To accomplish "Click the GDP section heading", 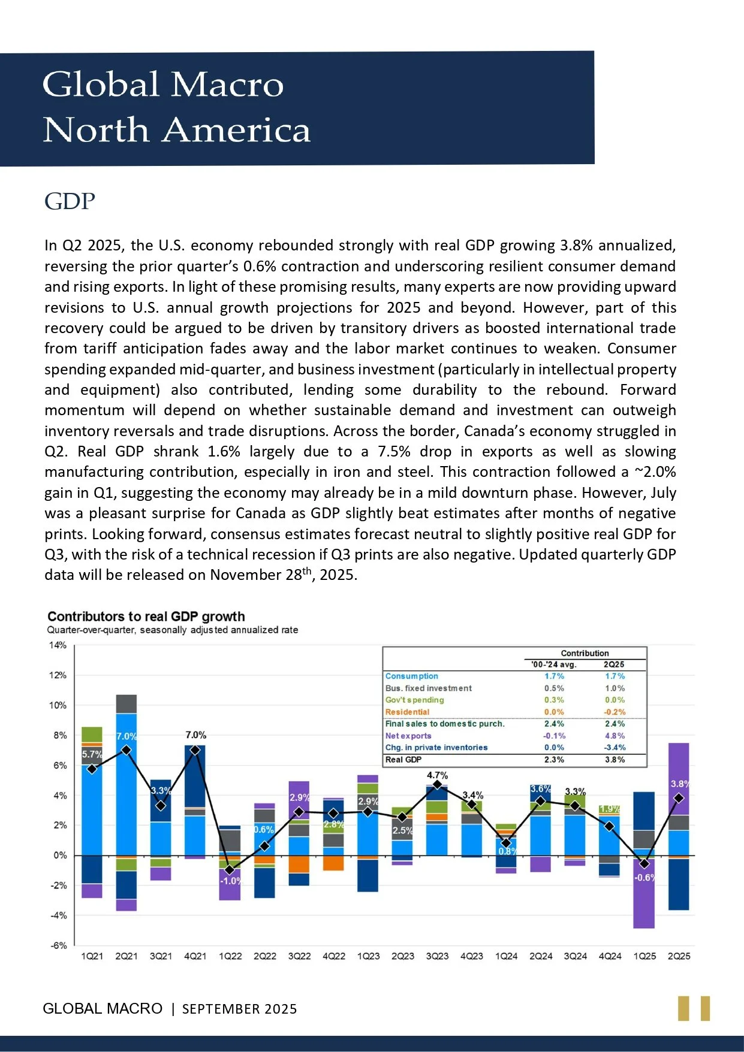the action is pyautogui.click(x=70, y=201).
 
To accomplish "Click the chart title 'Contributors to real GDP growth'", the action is pyautogui.click(x=146, y=616).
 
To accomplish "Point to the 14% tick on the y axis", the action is pyautogui.click(x=58, y=645).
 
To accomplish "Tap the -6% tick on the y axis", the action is pyautogui.click(x=58, y=945).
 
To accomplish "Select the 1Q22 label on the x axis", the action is pyautogui.click(x=230, y=956).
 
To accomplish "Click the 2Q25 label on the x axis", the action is pyautogui.click(x=679, y=956).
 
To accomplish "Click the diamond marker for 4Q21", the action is pyautogui.click(x=195, y=750).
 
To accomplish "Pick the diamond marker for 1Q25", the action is pyautogui.click(x=644, y=864).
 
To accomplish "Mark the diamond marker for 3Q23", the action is pyautogui.click(x=437, y=785).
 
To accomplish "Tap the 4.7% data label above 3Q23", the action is pyautogui.click(x=437, y=775).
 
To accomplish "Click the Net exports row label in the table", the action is pyautogui.click(x=408, y=736).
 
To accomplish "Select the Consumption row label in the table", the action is pyautogui.click(x=412, y=676).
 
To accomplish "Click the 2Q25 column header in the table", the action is pyautogui.click(x=614, y=664).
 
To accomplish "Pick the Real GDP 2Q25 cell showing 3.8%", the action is pyautogui.click(x=615, y=760).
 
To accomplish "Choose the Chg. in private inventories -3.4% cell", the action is pyautogui.click(x=615, y=748).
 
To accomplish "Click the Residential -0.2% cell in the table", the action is pyautogui.click(x=615, y=712).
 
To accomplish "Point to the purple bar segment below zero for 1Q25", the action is pyautogui.click(x=644, y=892).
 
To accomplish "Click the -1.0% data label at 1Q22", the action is pyautogui.click(x=231, y=881).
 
